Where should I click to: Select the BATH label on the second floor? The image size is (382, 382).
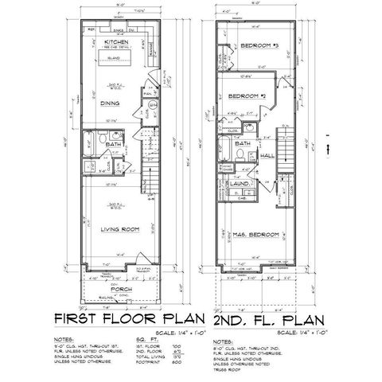tap(243, 143)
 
